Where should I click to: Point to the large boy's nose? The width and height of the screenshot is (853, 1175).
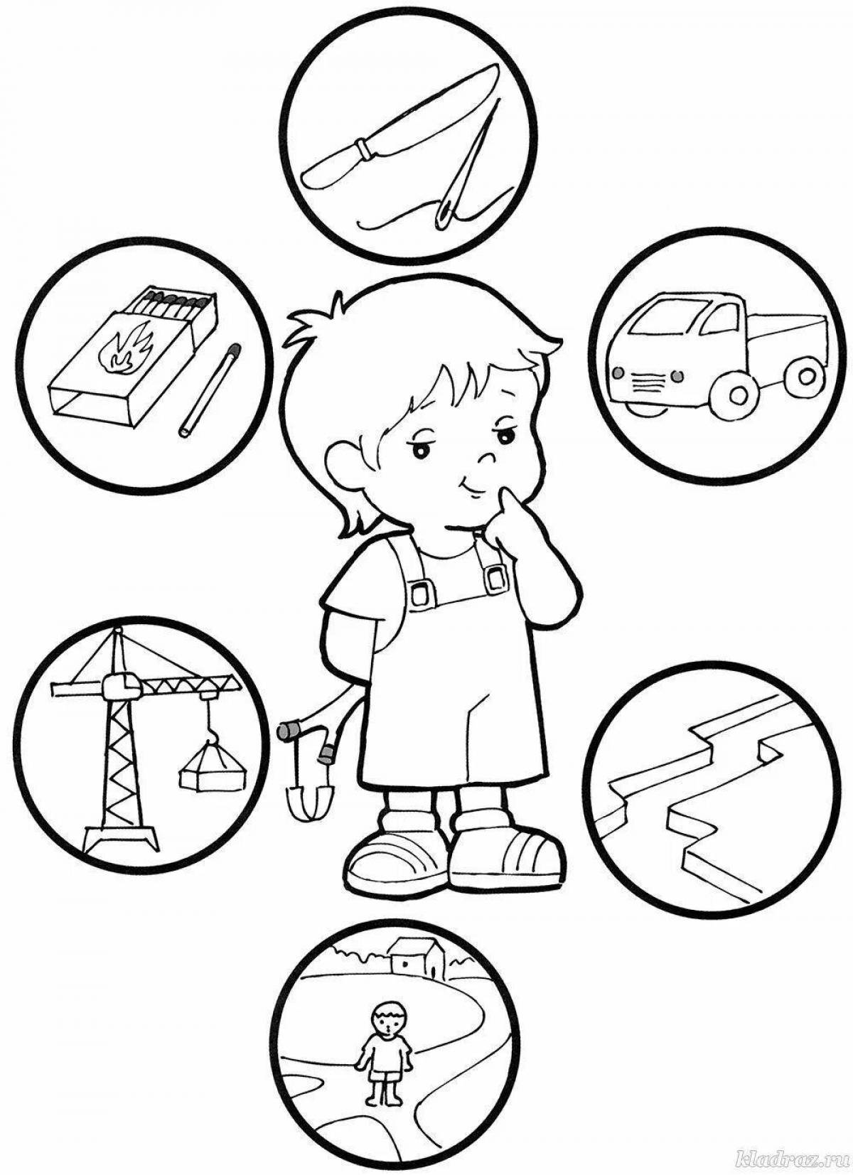coord(488,458)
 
